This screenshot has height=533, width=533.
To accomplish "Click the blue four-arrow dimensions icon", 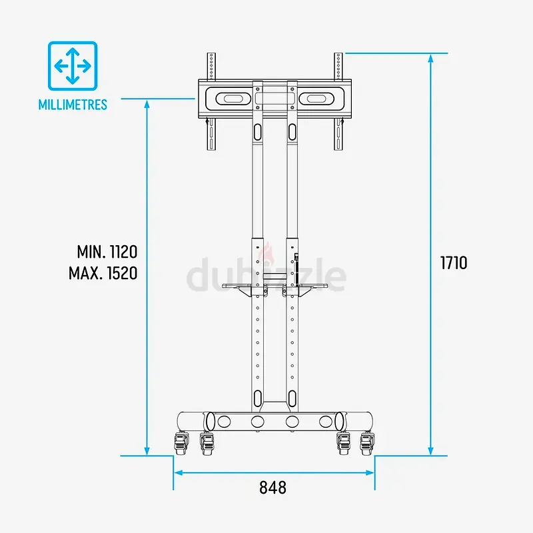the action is coord(73,66).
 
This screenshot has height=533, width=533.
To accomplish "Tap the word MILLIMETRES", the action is coord(73,105).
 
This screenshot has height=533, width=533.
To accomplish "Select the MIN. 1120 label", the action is coord(107,252).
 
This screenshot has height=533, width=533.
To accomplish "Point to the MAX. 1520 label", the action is coord(103,273).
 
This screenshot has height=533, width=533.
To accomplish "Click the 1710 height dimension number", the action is coord(454,263).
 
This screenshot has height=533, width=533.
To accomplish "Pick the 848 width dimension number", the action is coord(272,488).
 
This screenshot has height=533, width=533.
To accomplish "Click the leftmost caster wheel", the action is coord(181,444).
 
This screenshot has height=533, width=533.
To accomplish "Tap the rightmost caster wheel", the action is coord(367,444).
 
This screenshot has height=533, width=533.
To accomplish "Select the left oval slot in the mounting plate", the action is coord(234,99).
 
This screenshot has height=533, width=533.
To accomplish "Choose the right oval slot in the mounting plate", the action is coord(316,99).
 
